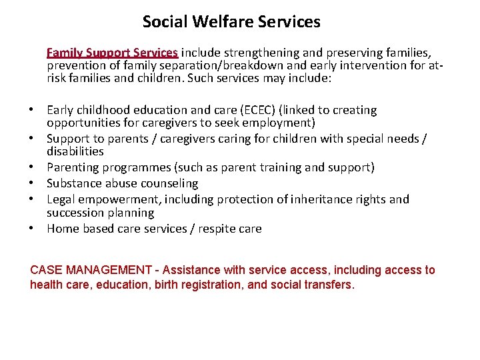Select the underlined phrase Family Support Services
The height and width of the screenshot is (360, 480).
112,52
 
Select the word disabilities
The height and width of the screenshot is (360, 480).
75,151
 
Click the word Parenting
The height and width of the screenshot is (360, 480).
72,167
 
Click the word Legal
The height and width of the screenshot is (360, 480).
61,199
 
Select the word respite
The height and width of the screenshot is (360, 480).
217,229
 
